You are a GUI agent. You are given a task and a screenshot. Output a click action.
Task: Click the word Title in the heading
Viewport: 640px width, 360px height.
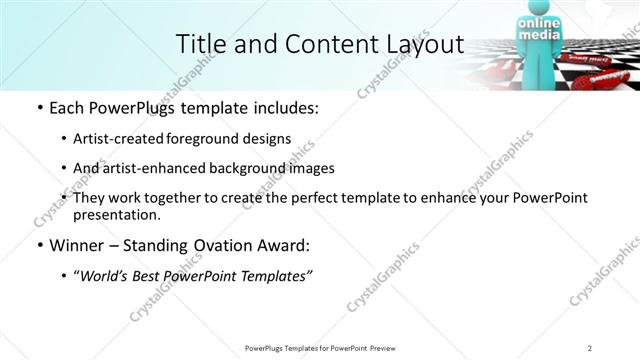198,44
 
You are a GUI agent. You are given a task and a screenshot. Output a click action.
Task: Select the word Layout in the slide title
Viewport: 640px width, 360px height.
423,44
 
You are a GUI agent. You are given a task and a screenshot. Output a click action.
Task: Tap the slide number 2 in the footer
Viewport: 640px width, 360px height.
591,348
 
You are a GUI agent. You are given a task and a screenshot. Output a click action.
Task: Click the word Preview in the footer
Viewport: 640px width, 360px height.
381,348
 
